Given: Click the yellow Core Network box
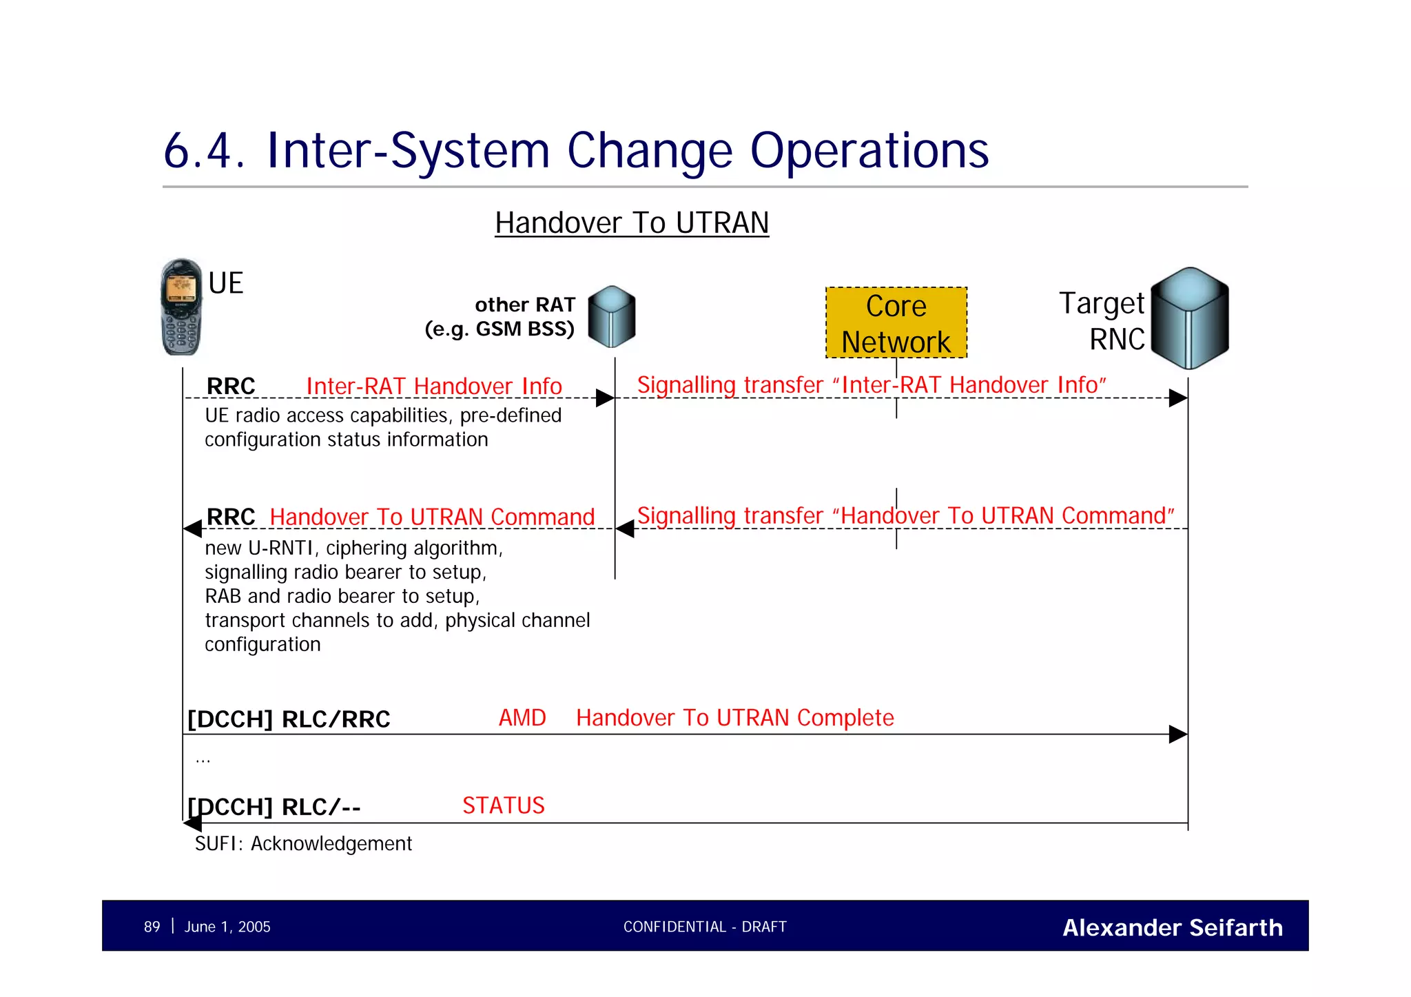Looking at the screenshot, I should click(896, 322).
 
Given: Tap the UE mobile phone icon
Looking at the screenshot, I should click(181, 307).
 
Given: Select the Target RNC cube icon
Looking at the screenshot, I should click(1190, 318).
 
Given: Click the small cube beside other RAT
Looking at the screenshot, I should click(612, 316).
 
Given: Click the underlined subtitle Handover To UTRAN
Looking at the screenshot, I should click(631, 223).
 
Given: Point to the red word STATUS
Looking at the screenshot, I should click(503, 805).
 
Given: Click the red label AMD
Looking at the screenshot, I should click(522, 718).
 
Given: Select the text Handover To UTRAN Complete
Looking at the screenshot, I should click(734, 718).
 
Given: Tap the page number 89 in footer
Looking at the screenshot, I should click(152, 927).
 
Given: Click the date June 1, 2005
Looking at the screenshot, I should click(227, 927).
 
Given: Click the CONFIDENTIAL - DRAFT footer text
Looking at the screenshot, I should click(704, 927).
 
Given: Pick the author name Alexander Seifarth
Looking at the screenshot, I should click(1172, 927).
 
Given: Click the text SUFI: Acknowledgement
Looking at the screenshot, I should click(303, 843).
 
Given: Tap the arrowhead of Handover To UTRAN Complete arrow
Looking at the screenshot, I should click(1178, 734).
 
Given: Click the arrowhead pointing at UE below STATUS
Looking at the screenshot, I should click(192, 823).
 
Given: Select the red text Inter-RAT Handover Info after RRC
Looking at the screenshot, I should click(434, 387).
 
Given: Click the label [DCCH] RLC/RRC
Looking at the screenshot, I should click(289, 719).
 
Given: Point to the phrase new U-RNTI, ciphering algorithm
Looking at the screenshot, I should click(353, 548).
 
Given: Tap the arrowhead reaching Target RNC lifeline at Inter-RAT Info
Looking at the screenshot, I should click(1178, 398).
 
